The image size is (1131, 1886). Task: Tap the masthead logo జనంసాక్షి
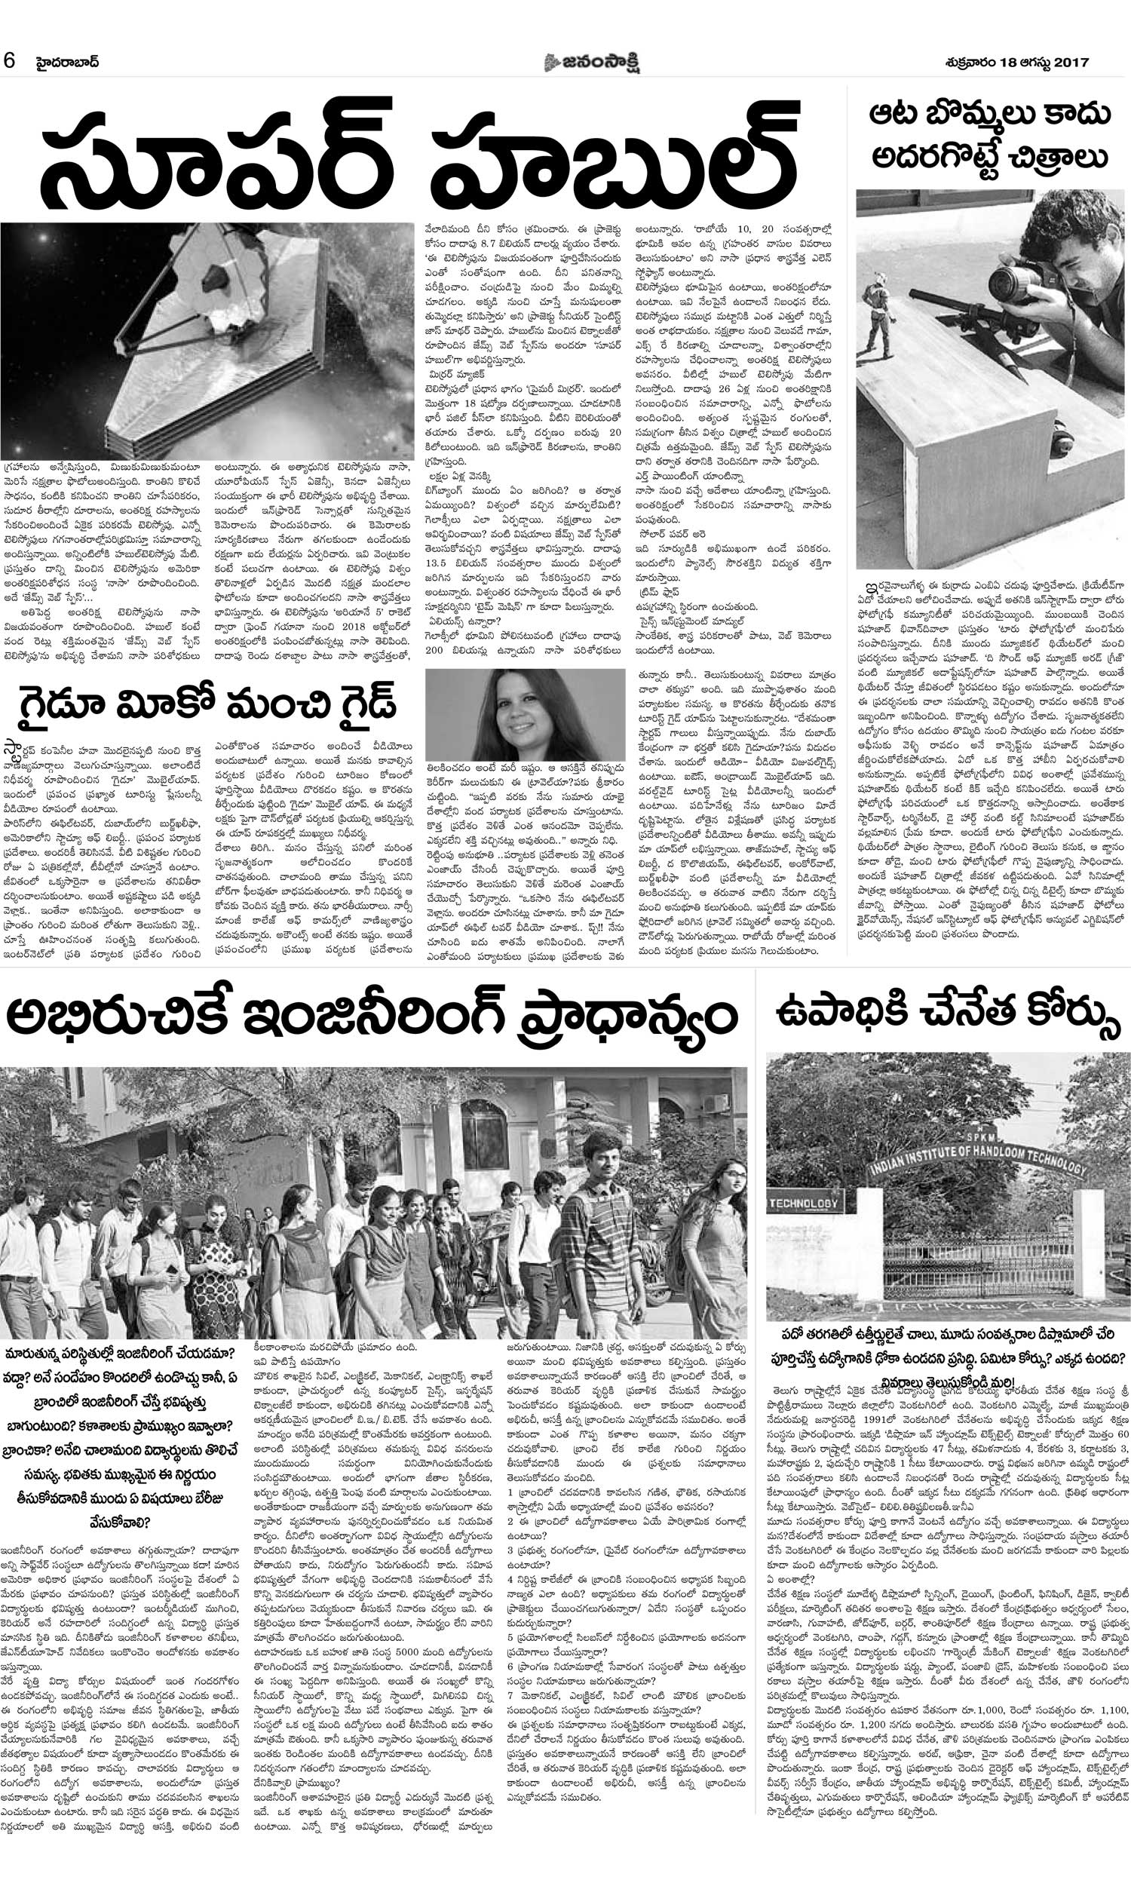pyautogui.click(x=592, y=63)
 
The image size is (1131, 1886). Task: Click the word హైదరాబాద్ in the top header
pyautogui.click(x=69, y=62)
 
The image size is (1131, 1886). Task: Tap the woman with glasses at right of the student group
pyautogui.click(x=717, y=1257)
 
